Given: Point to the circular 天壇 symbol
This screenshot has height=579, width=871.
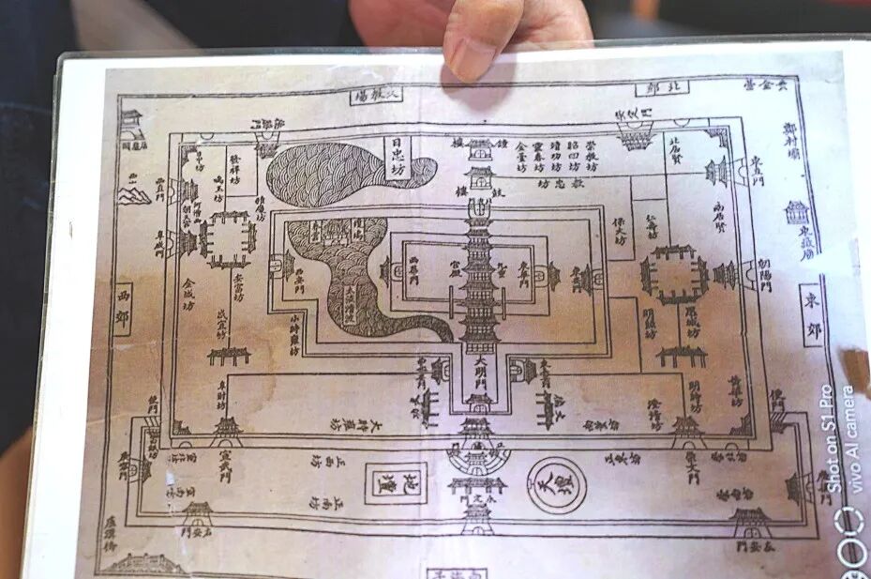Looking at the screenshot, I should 555,484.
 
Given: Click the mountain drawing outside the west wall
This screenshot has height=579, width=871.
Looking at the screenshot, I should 134,193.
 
